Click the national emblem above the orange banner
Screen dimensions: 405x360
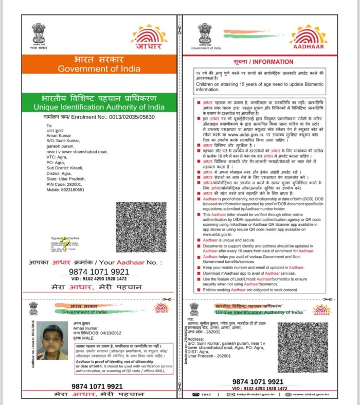[39, 33]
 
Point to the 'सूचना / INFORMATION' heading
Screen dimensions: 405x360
[264, 62]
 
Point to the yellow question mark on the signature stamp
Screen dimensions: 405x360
[63, 240]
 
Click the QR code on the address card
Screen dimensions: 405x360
[302, 347]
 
